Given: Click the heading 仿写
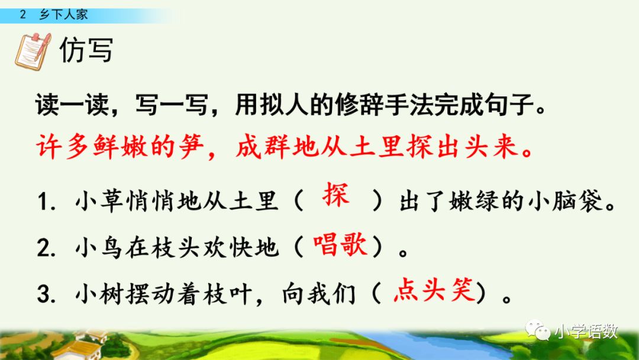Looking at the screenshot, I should [x=86, y=52].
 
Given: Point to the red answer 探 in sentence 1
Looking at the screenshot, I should [x=335, y=196].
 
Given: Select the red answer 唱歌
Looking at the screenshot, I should [x=340, y=245].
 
